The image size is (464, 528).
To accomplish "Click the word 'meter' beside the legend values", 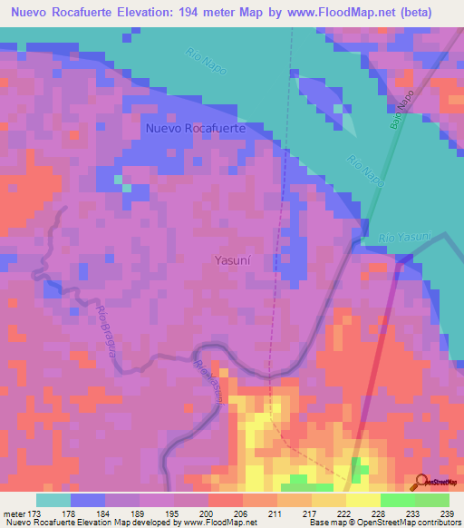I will (x=16, y=513).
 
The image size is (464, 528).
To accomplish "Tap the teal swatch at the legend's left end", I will (x=53, y=500).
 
